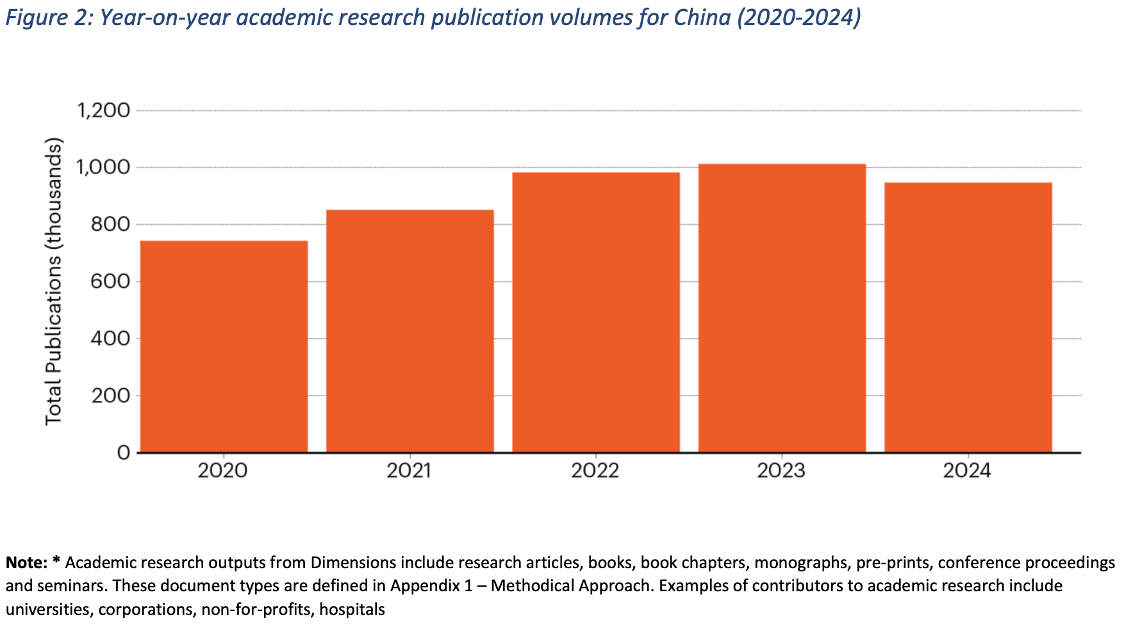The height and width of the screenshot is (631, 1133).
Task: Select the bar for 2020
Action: (224, 346)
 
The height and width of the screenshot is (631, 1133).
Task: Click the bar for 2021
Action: (409, 331)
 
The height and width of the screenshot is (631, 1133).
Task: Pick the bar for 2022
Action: (595, 312)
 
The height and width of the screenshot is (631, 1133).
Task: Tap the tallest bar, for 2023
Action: (782, 308)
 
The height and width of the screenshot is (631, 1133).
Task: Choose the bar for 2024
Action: (968, 317)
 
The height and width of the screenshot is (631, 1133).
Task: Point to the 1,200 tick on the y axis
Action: (104, 110)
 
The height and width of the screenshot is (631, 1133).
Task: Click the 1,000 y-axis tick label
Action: (104, 167)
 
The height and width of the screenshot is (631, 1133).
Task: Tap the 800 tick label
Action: (110, 224)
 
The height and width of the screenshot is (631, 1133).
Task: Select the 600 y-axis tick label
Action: (110, 282)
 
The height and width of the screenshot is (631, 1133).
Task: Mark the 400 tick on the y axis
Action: (110, 339)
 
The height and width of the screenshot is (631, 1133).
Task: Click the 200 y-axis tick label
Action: (110, 396)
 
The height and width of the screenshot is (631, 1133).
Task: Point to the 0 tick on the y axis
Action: (124, 453)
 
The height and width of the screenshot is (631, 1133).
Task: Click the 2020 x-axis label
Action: (222, 471)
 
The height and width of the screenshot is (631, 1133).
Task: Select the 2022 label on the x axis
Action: (595, 471)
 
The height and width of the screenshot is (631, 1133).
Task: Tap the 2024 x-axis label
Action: (967, 471)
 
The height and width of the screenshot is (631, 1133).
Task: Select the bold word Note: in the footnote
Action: (26, 562)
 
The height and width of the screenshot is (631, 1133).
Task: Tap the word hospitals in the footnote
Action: (352, 609)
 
